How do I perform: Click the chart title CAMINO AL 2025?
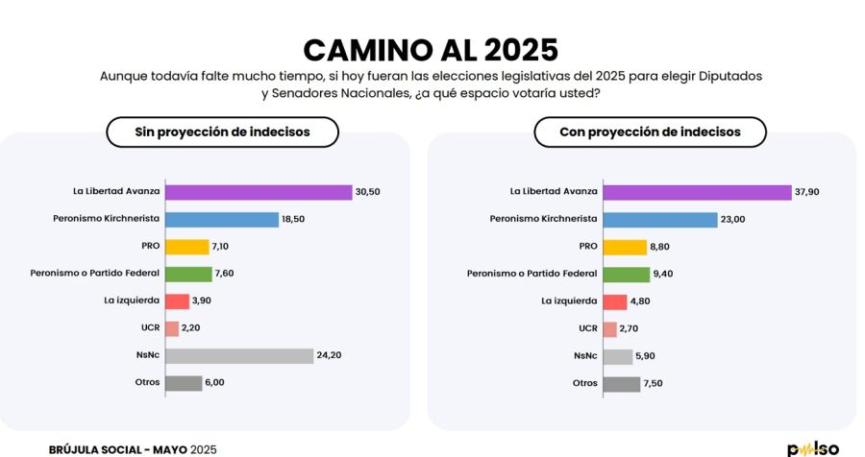[x=430, y=50]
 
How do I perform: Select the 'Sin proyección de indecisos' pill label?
[x=222, y=132]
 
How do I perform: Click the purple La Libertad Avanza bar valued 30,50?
[x=259, y=192]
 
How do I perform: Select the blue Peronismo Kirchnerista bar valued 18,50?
[x=222, y=219]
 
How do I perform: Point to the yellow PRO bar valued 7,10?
[x=186, y=247]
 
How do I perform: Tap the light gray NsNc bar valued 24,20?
[x=239, y=355]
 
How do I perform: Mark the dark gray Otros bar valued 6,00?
[x=184, y=383]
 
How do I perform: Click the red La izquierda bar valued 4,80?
[x=615, y=301]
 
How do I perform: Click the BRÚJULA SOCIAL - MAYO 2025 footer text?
[x=133, y=448]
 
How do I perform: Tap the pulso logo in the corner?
[x=813, y=448]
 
